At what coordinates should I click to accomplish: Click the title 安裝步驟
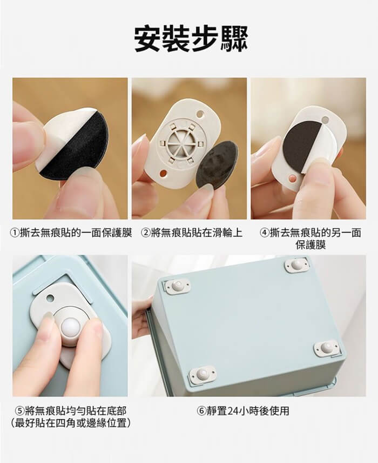click(191, 39)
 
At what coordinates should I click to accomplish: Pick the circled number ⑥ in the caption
click(201, 411)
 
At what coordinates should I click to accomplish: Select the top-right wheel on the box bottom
click(297, 264)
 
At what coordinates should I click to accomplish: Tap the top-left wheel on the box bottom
click(178, 287)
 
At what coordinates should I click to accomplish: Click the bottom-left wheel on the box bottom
click(202, 375)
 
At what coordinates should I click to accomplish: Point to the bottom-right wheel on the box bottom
click(326, 348)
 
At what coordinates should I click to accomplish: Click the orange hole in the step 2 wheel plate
click(162, 172)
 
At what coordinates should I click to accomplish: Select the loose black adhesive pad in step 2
click(217, 166)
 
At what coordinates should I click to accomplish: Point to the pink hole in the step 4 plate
click(293, 178)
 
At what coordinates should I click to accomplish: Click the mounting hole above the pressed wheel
click(50, 298)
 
